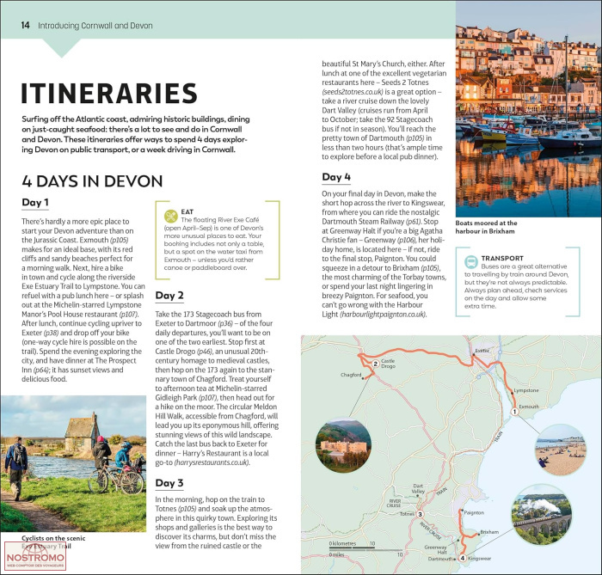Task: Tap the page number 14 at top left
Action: [x=25, y=25]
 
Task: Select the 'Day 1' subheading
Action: [x=34, y=203]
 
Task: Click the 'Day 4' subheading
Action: [x=336, y=178]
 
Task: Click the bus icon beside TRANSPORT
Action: [x=469, y=264]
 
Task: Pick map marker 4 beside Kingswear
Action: [x=463, y=558]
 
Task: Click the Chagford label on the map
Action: [x=351, y=375]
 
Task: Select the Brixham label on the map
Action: [x=489, y=532]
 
